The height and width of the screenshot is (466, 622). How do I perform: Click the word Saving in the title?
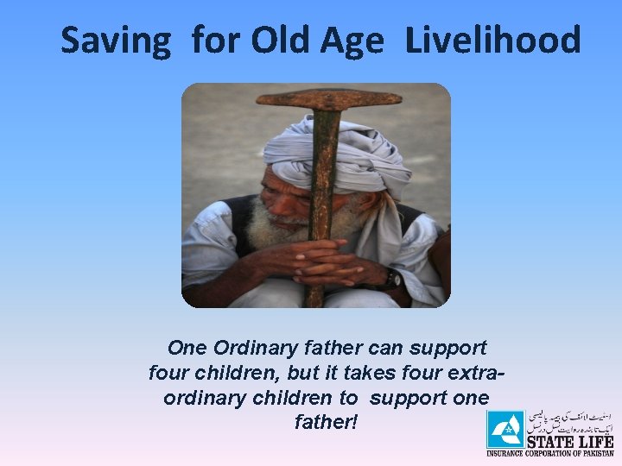(x=116, y=41)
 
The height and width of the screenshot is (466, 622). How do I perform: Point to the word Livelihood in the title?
(x=492, y=41)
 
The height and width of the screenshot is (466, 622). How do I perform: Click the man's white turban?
(x=337, y=151)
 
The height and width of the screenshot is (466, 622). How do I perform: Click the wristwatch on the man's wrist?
(x=393, y=279)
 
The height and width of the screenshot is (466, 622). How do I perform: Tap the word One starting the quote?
(x=187, y=349)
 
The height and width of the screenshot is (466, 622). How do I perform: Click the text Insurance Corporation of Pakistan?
(x=550, y=453)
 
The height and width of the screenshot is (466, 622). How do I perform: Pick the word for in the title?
(x=213, y=41)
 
